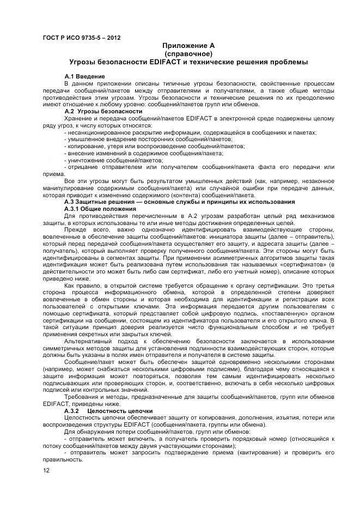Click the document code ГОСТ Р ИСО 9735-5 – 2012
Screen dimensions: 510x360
tap(81, 38)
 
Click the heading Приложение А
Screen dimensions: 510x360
tap(185, 46)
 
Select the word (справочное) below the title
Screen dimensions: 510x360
tap(185, 54)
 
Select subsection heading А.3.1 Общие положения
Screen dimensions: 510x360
tap(100, 209)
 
